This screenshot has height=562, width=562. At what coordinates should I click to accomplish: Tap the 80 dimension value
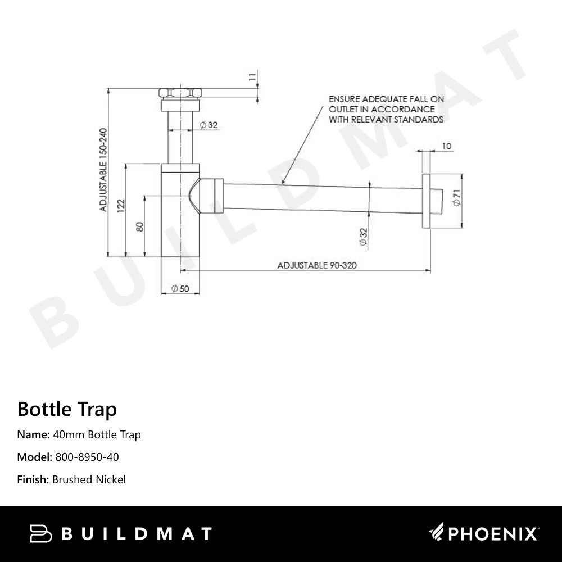pos(140,226)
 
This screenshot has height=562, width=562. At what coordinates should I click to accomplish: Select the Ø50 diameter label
pos(180,289)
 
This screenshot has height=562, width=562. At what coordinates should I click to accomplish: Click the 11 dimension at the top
pos(252,77)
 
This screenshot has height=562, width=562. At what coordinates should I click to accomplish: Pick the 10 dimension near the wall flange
pos(447,147)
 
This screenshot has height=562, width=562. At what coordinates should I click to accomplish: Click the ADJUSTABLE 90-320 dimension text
pos(318,265)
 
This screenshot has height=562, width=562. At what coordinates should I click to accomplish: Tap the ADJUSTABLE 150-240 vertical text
pos(103,170)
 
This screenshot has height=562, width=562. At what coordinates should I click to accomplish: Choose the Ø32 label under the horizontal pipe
pos(363,237)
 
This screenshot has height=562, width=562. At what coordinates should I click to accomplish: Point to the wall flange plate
pos(427,201)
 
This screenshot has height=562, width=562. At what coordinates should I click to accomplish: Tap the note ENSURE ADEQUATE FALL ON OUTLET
pos(386,109)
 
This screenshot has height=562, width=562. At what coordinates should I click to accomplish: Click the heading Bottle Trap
pos(67,409)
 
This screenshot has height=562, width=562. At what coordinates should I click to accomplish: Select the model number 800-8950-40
pos(87,457)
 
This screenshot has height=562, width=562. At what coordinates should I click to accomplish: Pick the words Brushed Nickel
pos(89,479)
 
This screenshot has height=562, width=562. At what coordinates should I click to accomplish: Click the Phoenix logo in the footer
pos(484,533)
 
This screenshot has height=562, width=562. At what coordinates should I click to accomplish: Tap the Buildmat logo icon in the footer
pos(40,533)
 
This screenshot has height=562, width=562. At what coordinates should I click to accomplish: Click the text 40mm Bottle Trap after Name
pos(97,434)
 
